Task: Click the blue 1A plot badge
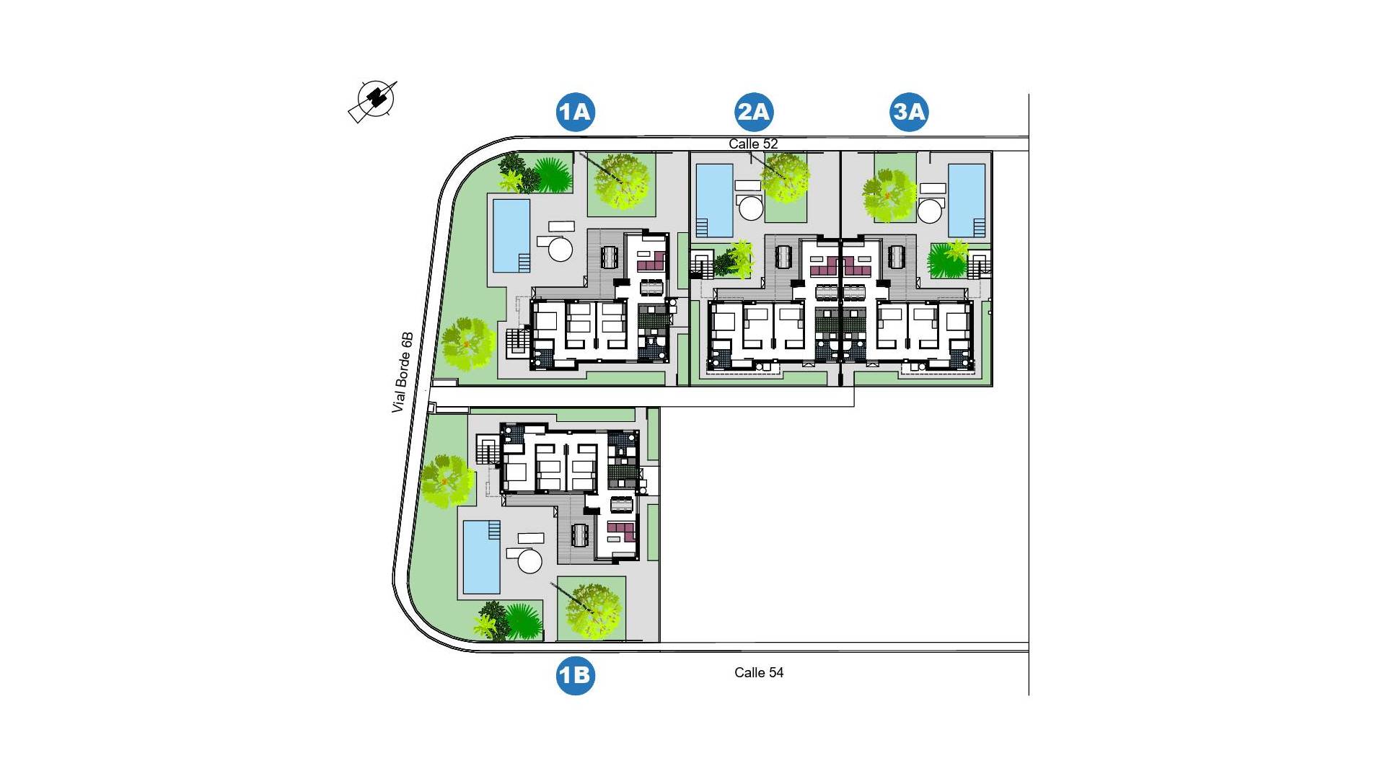click(575, 112)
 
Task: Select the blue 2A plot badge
click(754, 112)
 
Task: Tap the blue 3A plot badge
click(909, 112)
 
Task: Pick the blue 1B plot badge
click(575, 675)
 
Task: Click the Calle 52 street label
click(753, 144)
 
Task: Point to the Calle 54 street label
click(759, 672)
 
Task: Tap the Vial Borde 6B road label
click(403, 372)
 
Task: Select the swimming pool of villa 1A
click(511, 236)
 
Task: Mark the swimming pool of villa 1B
click(481, 557)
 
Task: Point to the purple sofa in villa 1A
click(655, 260)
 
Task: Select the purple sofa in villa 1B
click(620, 532)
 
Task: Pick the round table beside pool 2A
click(752, 208)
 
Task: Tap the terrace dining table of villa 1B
click(580, 534)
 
